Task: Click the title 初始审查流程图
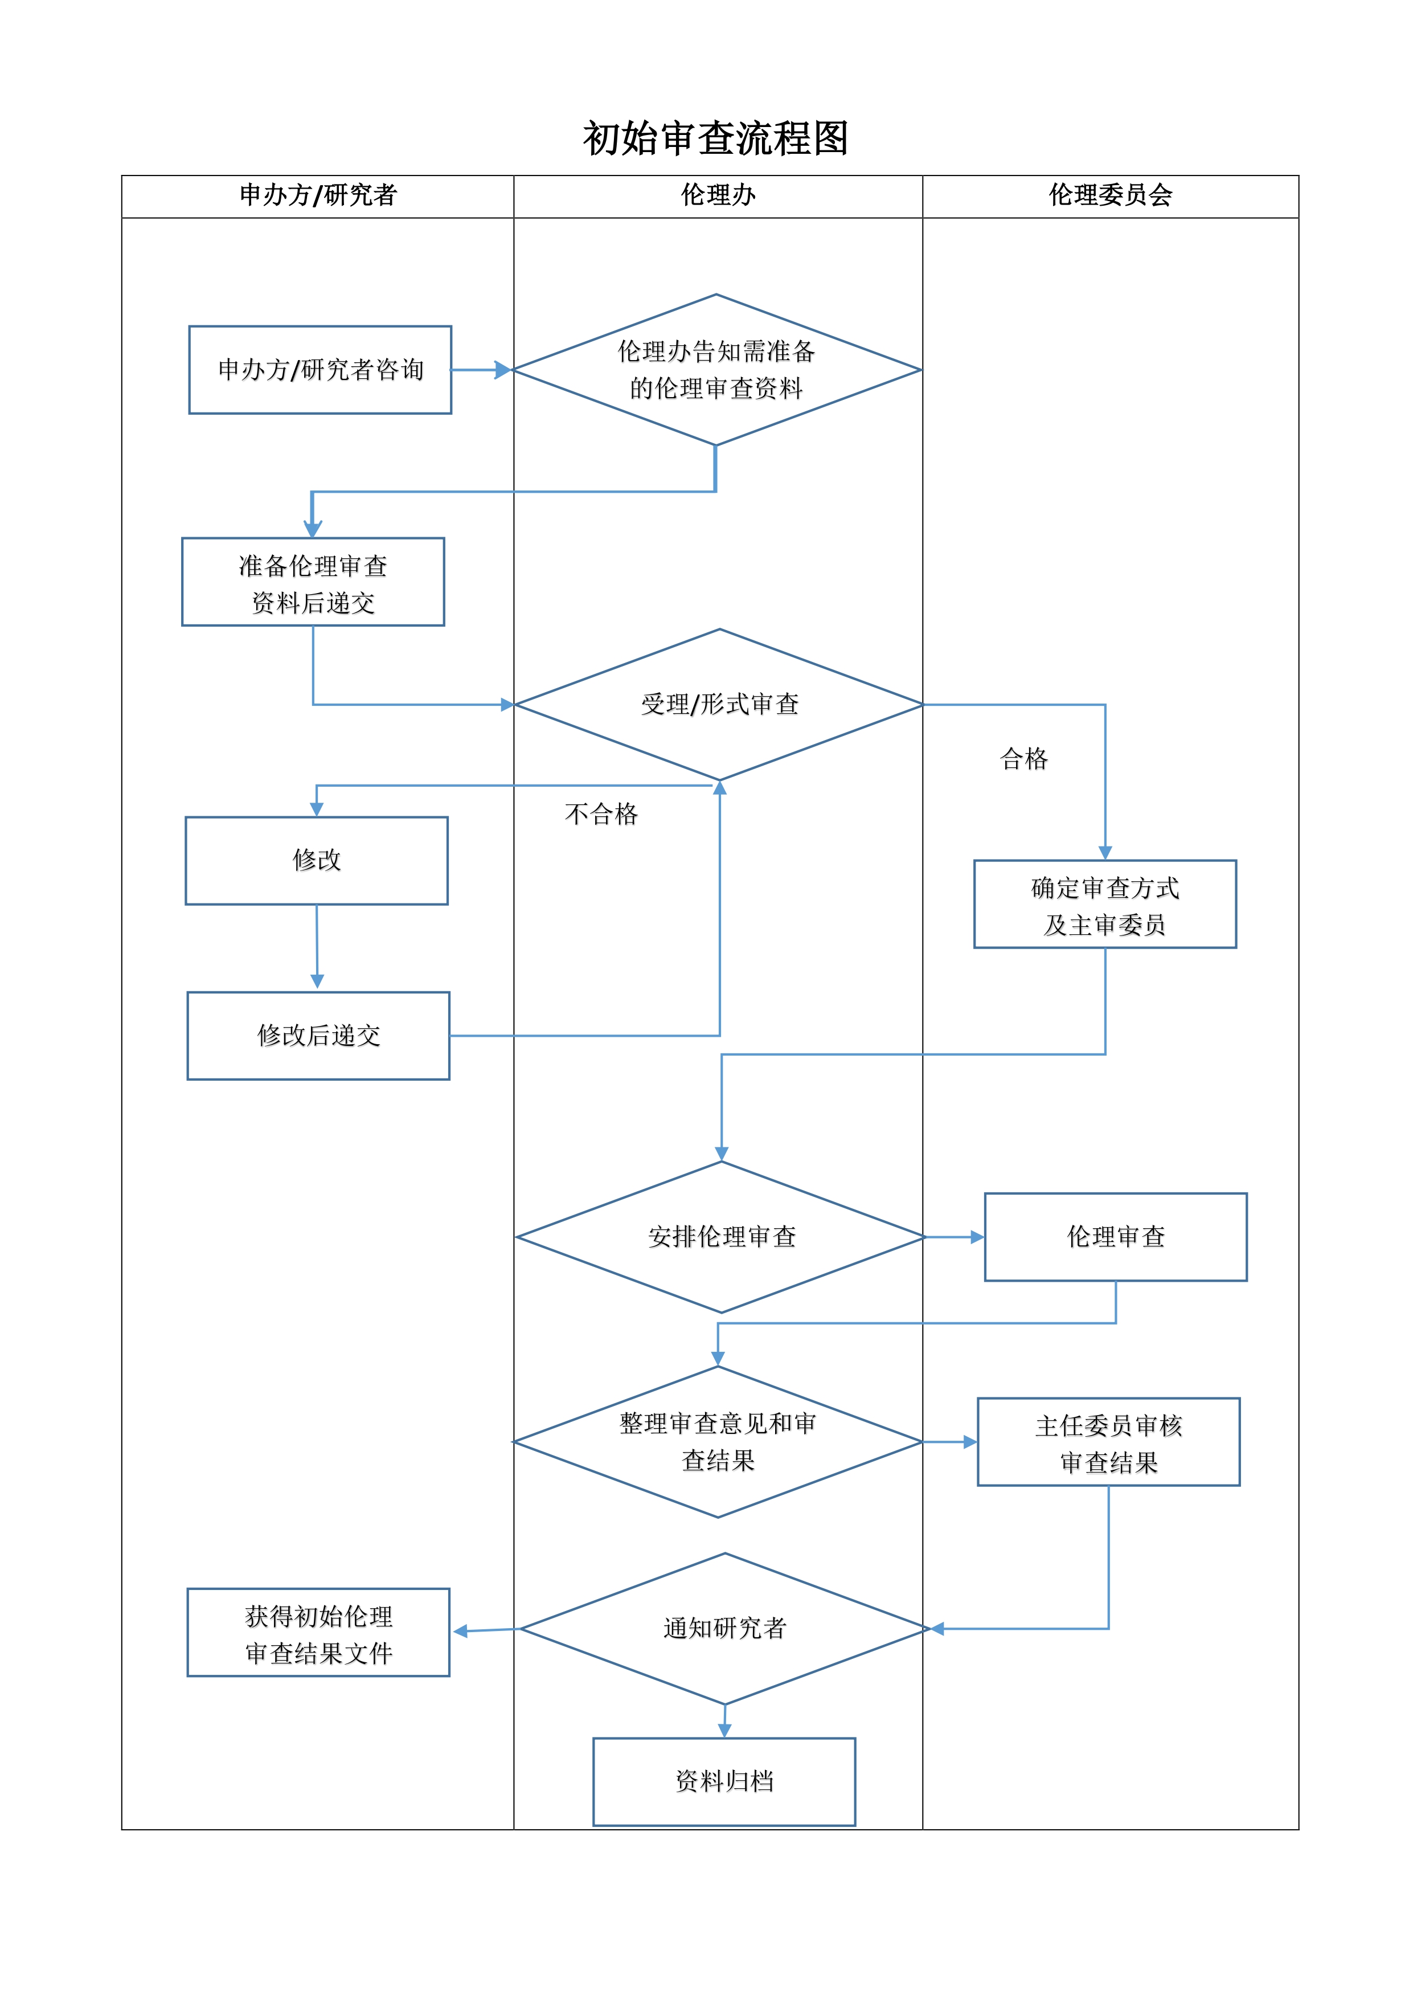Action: (x=716, y=138)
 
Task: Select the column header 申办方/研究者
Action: (x=318, y=195)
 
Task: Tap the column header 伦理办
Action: (x=718, y=195)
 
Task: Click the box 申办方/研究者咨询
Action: (x=321, y=370)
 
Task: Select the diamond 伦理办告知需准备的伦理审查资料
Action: (x=716, y=370)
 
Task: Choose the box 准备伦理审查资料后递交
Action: (x=313, y=582)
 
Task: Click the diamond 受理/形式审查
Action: (x=720, y=704)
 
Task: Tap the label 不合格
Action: (x=601, y=814)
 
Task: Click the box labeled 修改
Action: (x=317, y=860)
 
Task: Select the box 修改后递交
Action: (x=318, y=1036)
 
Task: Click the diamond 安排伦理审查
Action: (x=722, y=1237)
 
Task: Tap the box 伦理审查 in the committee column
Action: (x=1116, y=1237)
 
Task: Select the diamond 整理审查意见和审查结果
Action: (x=718, y=1442)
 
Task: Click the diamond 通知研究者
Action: (x=725, y=1629)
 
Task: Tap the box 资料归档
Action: (x=724, y=1782)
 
